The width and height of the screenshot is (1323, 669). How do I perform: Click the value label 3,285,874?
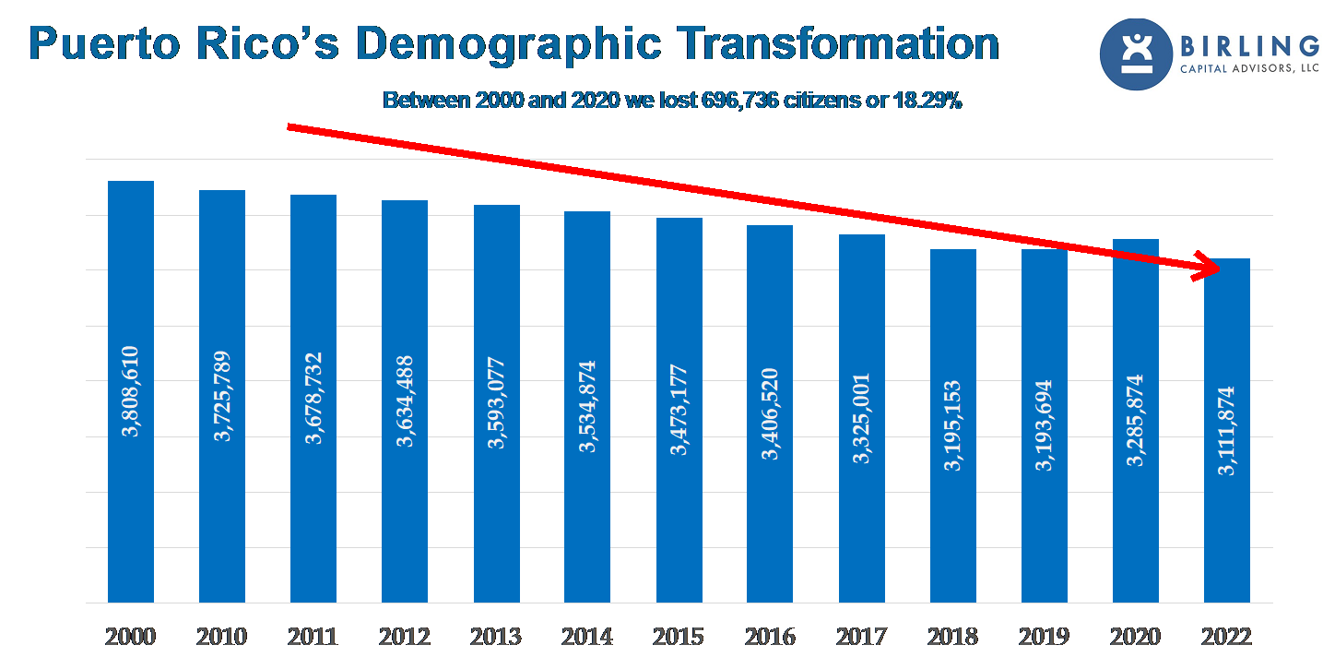coord(1135,420)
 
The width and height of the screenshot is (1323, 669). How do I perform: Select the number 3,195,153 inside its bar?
coord(952,425)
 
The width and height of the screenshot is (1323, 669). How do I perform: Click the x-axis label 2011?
coord(313,637)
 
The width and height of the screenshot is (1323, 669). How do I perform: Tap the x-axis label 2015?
coord(679,637)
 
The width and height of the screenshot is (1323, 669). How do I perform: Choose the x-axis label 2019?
coord(1044,637)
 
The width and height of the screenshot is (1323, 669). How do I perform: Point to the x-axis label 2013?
coord(496,637)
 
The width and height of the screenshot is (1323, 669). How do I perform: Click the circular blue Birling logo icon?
coord(1136,54)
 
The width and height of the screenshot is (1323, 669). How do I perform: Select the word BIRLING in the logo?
coord(1249,45)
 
